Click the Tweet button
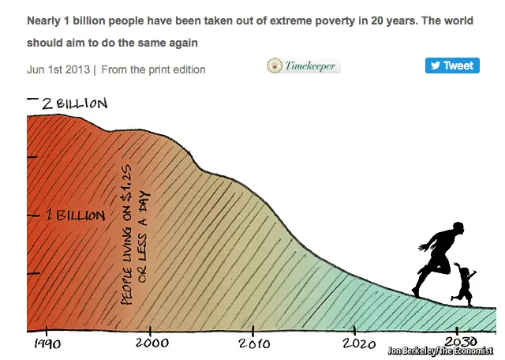(x=452, y=66)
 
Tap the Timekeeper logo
(x=304, y=66)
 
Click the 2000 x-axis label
(x=150, y=343)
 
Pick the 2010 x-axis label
(x=253, y=343)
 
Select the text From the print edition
(x=153, y=69)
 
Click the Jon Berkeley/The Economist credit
(x=440, y=351)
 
